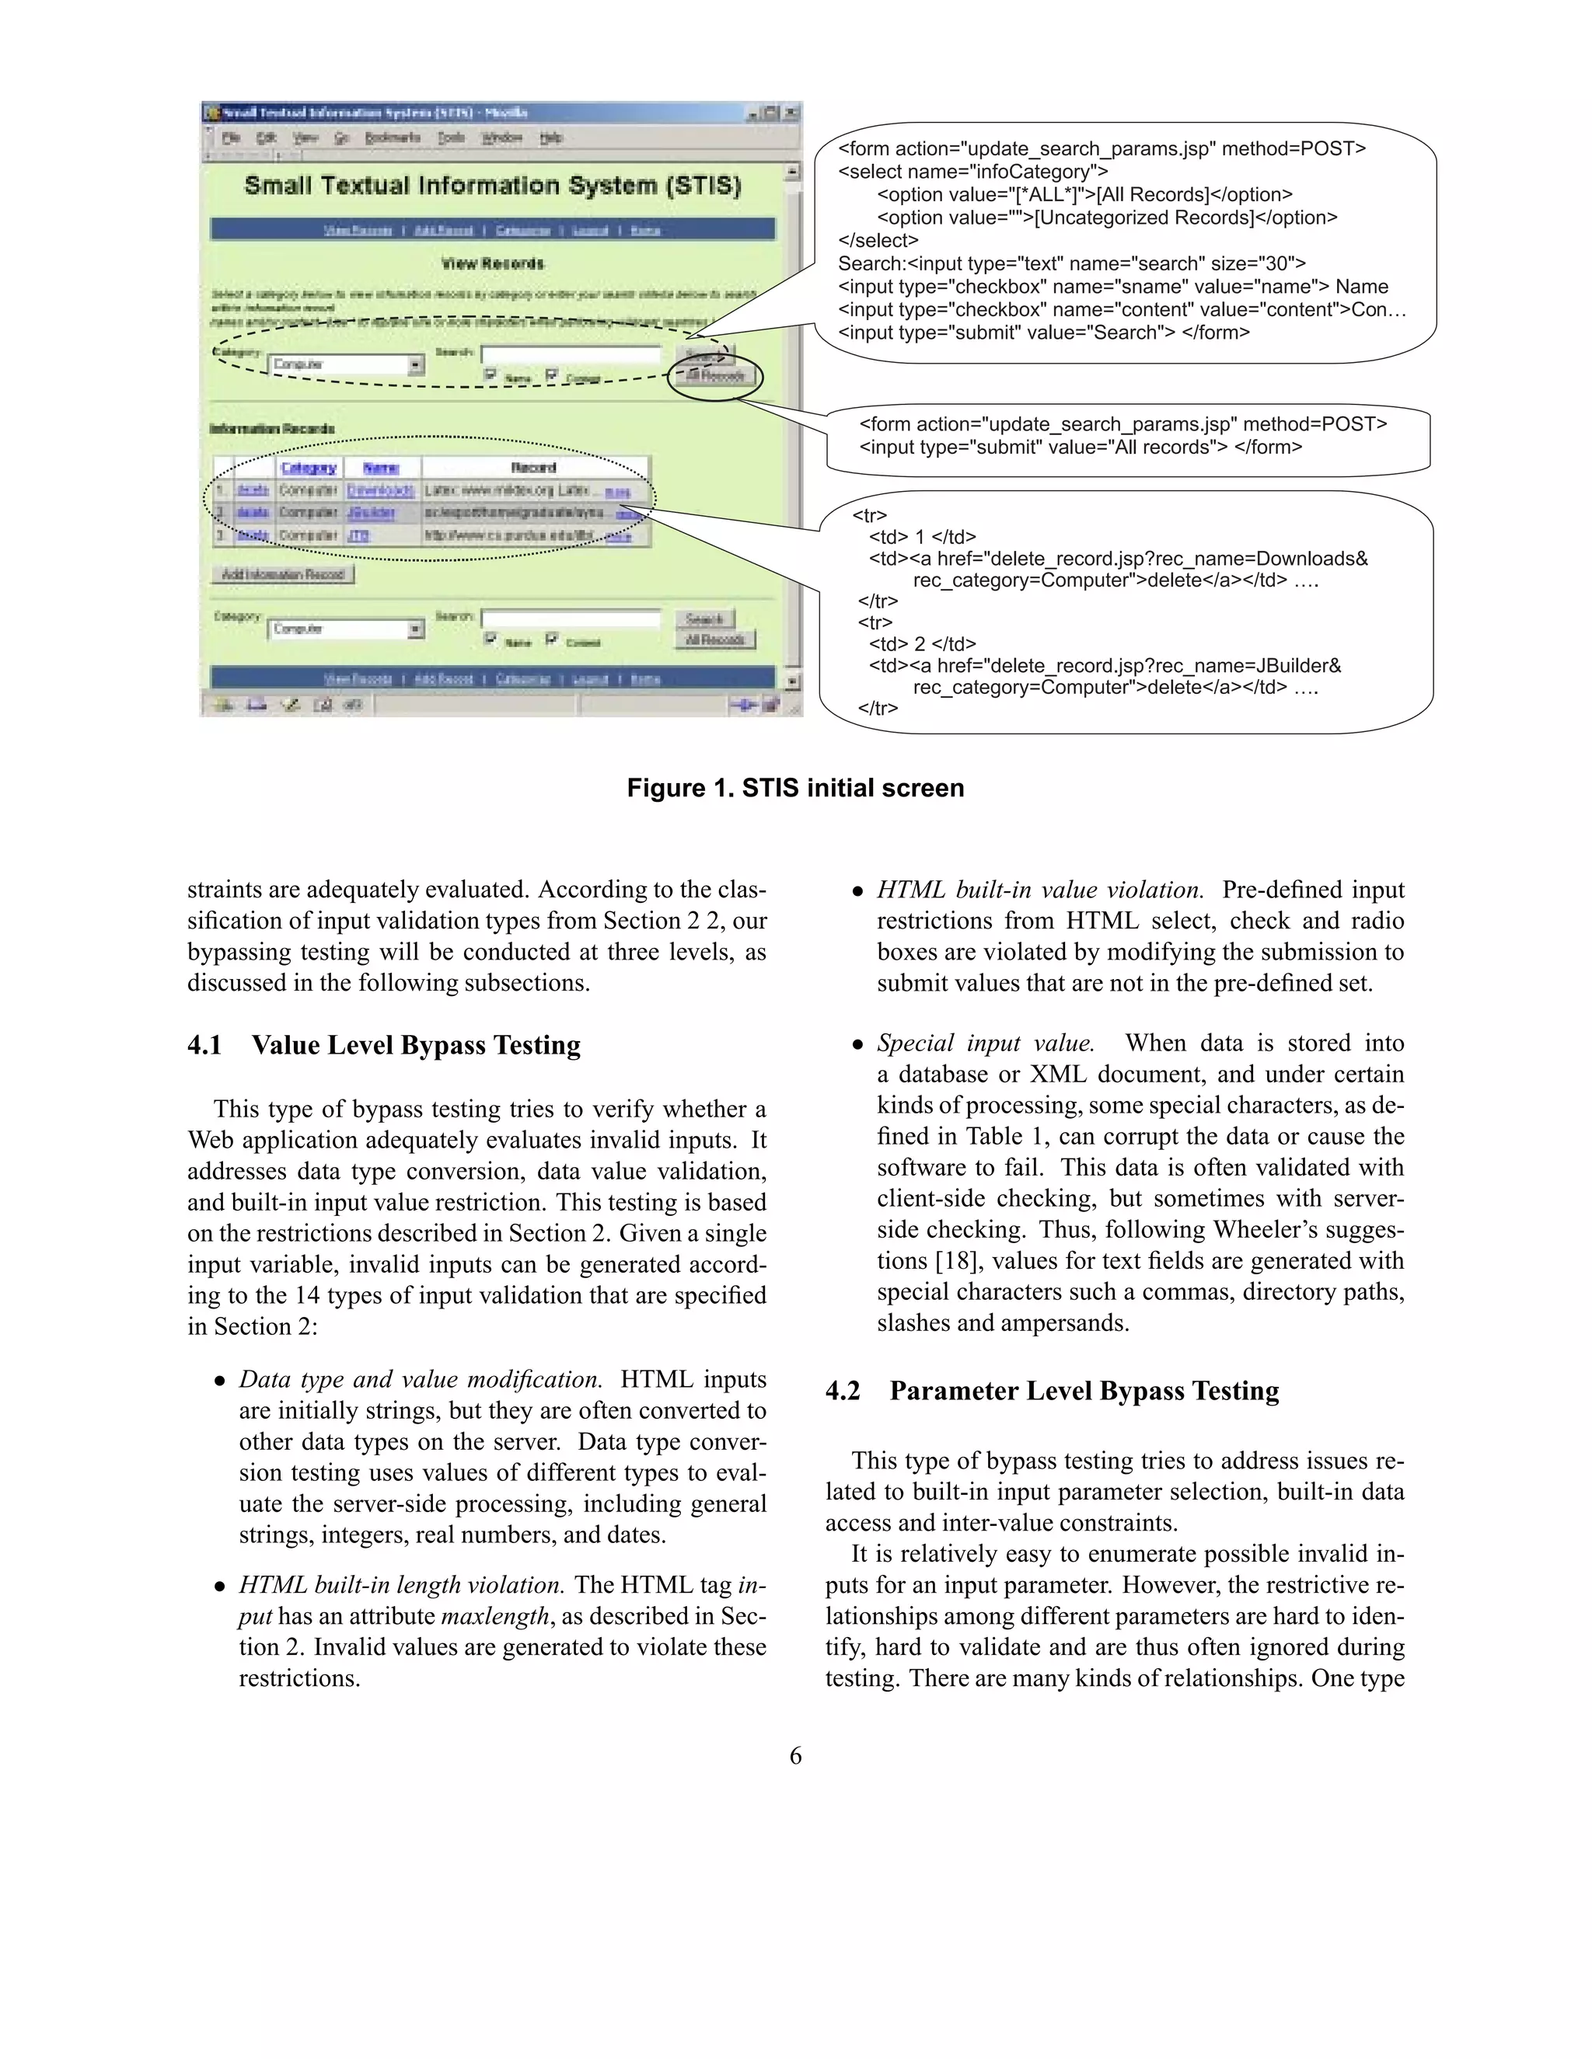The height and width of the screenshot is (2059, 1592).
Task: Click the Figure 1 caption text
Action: [x=795, y=788]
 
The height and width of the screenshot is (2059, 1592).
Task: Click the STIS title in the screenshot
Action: [x=492, y=185]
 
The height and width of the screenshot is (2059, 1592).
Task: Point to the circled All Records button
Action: [x=716, y=375]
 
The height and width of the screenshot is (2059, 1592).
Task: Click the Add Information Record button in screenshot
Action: [x=282, y=574]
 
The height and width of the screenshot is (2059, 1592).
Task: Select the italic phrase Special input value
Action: [x=986, y=1043]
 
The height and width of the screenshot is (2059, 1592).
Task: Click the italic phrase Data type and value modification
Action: [x=421, y=1379]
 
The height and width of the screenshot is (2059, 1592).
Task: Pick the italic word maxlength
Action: [x=494, y=1616]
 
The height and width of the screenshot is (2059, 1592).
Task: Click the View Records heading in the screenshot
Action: [x=492, y=263]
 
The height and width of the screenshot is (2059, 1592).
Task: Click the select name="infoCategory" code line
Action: [x=972, y=172]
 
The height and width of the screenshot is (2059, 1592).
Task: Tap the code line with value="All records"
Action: [x=1080, y=447]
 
